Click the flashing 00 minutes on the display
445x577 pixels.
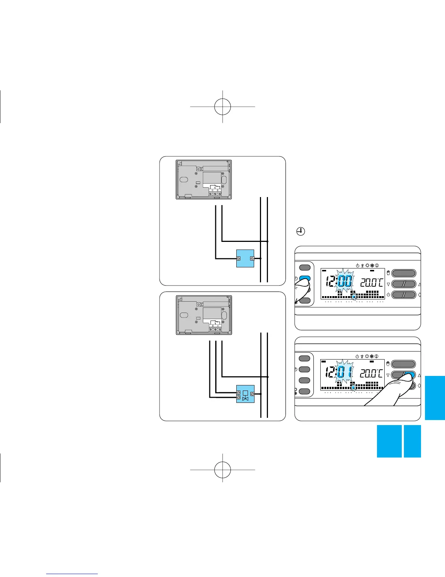[344, 282]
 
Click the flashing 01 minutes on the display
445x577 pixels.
[344, 373]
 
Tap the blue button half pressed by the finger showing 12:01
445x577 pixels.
[410, 375]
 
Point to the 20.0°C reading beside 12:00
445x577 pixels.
[371, 283]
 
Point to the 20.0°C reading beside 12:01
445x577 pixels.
[371, 374]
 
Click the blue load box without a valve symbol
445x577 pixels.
[245, 258]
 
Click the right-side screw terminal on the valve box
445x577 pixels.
[252, 394]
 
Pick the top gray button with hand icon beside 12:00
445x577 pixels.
[404, 273]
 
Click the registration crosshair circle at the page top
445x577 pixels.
[222, 106]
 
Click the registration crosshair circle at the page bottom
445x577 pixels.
[222, 470]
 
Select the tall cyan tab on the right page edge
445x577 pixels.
[434, 398]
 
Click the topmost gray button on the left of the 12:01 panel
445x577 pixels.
[304, 358]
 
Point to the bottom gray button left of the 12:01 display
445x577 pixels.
[304, 392]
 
